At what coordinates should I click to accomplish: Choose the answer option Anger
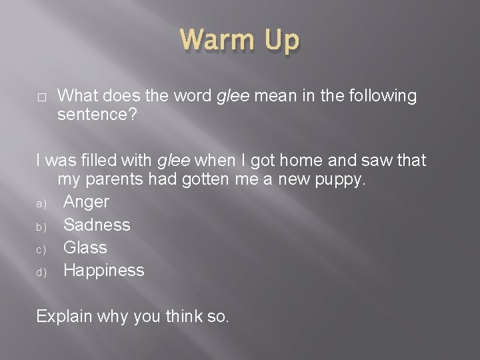click(86, 202)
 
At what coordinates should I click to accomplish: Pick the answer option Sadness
click(97, 225)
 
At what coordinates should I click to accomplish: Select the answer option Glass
click(85, 247)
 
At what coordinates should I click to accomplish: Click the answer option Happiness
click(103, 270)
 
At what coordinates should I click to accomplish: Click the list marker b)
click(40, 225)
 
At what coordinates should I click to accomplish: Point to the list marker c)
click(40, 248)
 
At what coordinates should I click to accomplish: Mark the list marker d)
click(40, 271)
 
